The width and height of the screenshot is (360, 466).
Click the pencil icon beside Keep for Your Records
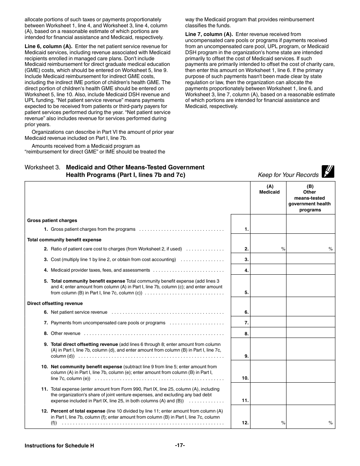(x=328, y=172)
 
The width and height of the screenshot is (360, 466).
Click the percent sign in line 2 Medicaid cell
(x=283, y=249)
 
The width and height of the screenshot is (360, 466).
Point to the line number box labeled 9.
(x=241, y=356)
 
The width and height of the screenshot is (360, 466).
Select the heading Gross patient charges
(x=52, y=220)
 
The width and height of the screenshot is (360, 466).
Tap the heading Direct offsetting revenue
(x=55, y=303)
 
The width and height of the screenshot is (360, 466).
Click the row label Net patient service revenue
(x=79, y=312)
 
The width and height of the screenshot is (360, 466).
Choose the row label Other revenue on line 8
(x=66, y=333)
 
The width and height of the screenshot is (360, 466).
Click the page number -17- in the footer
(x=180, y=446)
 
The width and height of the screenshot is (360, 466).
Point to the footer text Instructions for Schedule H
(x=59, y=446)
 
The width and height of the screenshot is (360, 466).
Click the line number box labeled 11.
(x=241, y=400)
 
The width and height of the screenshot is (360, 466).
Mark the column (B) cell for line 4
(x=310, y=269)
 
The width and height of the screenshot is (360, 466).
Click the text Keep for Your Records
(x=288, y=175)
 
